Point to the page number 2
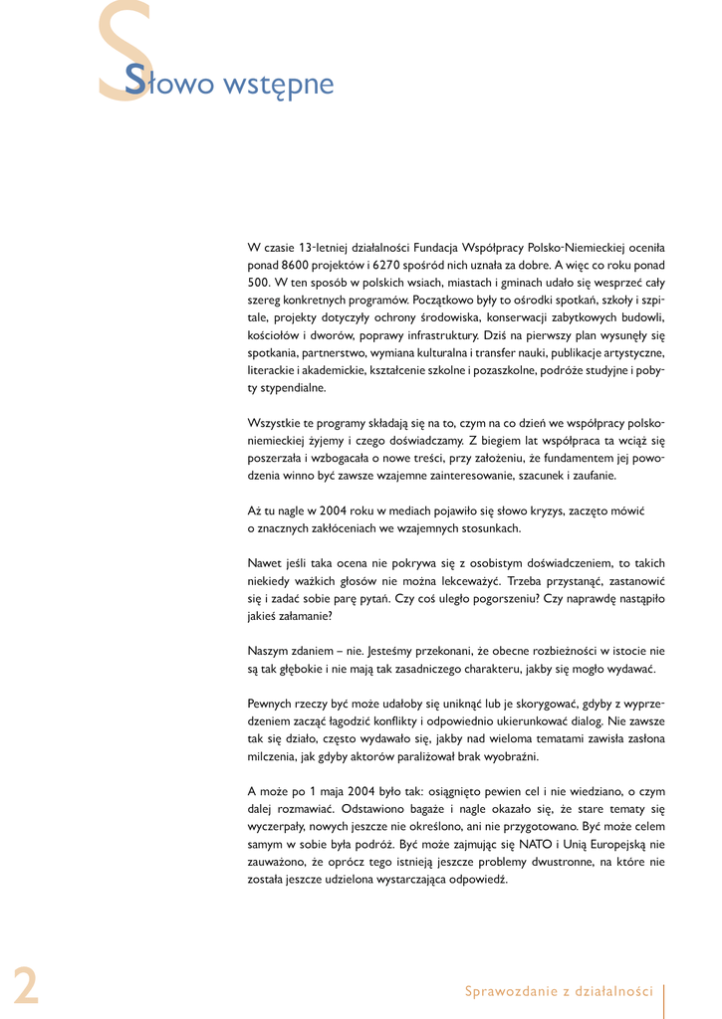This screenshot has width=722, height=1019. coord(26,985)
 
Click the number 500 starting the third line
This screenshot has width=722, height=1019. coord(258,283)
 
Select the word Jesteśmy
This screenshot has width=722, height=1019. coord(347,651)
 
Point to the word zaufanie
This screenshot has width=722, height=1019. coord(593,476)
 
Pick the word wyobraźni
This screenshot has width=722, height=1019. coord(510,756)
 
